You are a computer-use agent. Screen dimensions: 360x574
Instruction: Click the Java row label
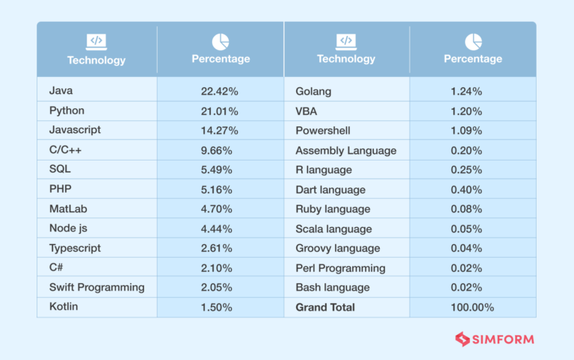tap(61, 91)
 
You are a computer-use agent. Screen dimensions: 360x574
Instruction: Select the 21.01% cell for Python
tap(219, 111)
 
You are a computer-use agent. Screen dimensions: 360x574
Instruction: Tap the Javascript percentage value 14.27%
tap(219, 131)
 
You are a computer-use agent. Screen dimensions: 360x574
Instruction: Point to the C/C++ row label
tap(66, 150)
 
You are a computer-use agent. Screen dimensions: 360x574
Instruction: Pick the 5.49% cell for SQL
tap(217, 170)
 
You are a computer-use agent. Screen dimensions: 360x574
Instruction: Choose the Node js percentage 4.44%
tap(217, 229)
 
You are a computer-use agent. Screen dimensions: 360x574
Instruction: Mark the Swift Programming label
tap(96, 288)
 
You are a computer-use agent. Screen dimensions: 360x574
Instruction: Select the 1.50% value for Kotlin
tap(217, 307)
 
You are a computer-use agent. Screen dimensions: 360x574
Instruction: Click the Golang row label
tap(313, 91)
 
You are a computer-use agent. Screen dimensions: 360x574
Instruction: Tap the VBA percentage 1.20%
tap(466, 111)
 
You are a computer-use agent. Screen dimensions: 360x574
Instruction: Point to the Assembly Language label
tap(346, 150)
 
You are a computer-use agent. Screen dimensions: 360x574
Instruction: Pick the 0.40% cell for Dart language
tap(466, 190)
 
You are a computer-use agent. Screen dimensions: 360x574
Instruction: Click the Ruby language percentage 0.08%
tap(466, 209)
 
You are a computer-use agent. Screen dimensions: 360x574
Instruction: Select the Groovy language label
tap(338, 248)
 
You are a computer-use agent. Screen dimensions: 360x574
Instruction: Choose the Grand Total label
tap(325, 307)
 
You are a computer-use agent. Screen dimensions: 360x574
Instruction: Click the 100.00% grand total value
tap(472, 307)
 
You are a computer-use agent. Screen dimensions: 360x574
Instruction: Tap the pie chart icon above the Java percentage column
tap(220, 41)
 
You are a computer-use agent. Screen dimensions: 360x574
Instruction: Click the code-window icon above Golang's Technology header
tap(346, 41)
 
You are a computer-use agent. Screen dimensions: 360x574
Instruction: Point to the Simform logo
tap(495, 339)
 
